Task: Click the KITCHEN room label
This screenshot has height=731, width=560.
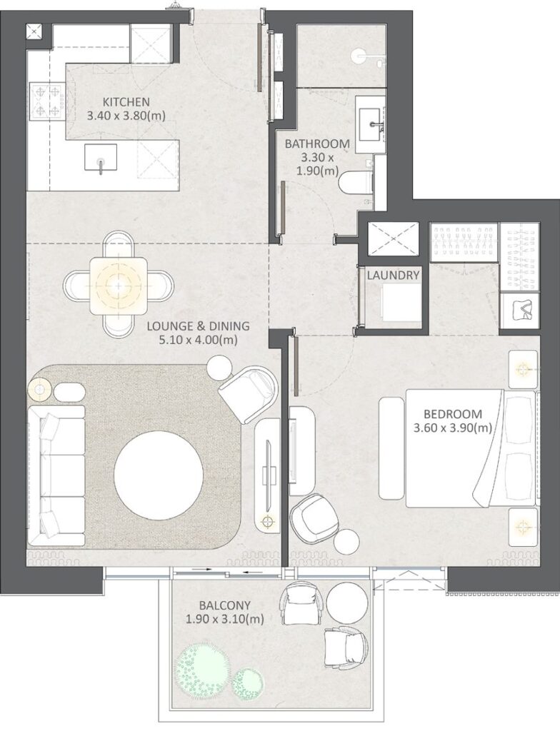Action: tap(126, 101)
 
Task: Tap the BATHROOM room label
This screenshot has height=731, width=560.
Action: tap(317, 143)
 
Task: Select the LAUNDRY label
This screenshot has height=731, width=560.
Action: tap(393, 275)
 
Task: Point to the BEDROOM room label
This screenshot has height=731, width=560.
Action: tap(452, 413)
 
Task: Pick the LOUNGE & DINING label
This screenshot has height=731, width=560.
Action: tap(198, 326)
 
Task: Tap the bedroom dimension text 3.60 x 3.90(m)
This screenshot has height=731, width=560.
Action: tap(452, 428)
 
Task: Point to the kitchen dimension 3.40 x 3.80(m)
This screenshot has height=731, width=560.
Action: tap(126, 115)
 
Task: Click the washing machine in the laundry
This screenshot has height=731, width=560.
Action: tap(391, 303)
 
